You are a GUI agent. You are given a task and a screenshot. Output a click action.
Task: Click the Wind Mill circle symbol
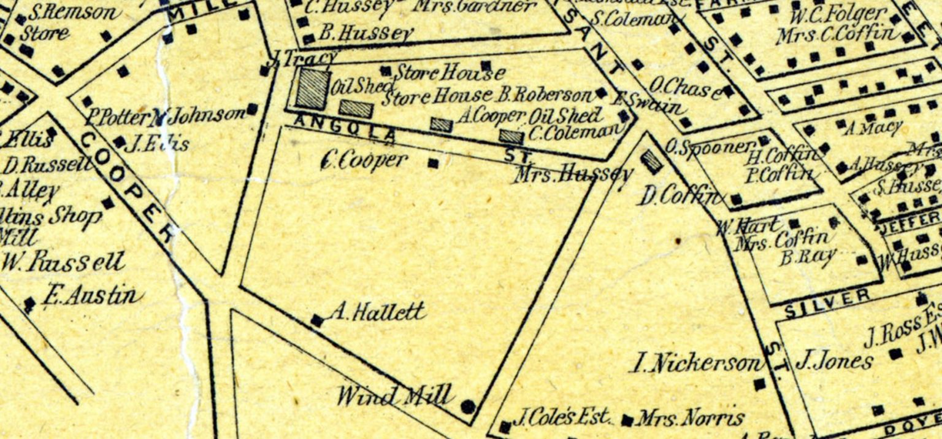(468, 406)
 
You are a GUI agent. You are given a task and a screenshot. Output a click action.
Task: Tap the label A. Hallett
(377, 313)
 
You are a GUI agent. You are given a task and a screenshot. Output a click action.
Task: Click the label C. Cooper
(364, 161)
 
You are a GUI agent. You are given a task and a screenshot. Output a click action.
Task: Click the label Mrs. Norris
(690, 419)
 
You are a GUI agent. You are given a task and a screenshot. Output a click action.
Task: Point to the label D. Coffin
(680, 197)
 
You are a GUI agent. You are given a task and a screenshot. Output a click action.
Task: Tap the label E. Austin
(90, 296)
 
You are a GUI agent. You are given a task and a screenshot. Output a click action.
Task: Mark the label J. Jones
(833, 360)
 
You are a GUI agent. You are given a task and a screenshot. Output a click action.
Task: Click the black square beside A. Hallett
(317, 321)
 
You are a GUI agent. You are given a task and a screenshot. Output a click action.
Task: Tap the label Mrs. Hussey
(573, 175)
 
